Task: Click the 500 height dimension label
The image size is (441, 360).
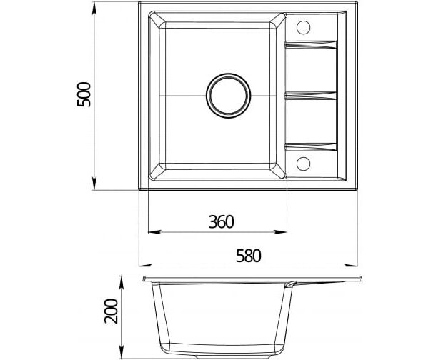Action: pos(84,94)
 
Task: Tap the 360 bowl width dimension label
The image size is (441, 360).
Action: pos(221,221)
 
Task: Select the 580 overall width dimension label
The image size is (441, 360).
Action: pos(249,256)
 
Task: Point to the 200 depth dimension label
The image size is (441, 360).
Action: pos(111,311)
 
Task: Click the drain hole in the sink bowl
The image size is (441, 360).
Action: pos(228,96)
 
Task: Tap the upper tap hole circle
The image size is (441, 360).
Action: pos(304,28)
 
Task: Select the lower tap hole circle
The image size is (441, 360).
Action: pos(304,164)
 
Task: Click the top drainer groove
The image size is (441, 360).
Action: pos(311,45)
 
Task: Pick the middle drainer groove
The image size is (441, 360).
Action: pos(311,96)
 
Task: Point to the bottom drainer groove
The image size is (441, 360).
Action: pos(311,147)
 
